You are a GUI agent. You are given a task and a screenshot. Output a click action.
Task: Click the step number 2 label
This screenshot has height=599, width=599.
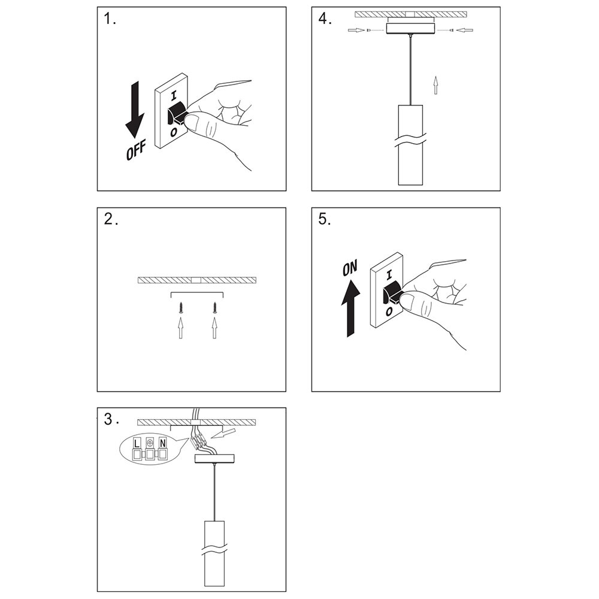(110, 219)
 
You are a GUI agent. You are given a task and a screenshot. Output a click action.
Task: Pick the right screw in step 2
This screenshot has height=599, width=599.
(214, 308)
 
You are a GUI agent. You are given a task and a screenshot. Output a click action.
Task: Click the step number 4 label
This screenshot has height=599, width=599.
(325, 20)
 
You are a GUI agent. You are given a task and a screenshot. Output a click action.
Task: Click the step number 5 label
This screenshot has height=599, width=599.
(325, 219)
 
